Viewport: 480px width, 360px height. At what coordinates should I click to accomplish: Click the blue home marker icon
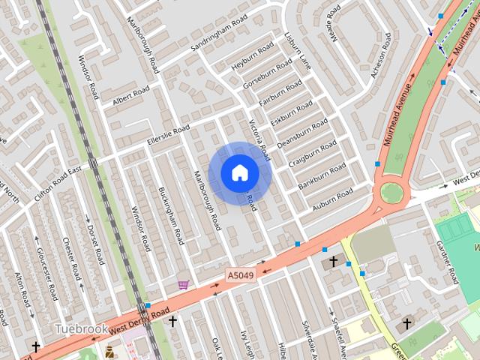(239, 173)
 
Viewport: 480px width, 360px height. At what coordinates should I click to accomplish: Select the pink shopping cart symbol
(183, 284)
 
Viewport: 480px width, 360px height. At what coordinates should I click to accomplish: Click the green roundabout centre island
(391, 193)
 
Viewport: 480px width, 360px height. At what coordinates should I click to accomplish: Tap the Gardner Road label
(448, 262)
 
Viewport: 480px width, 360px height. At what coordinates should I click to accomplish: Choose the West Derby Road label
(139, 320)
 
